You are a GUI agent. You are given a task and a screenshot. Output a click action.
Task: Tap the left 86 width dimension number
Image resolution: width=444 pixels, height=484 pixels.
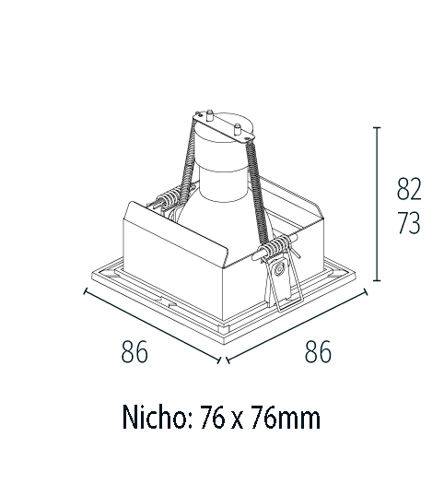coord(134,352)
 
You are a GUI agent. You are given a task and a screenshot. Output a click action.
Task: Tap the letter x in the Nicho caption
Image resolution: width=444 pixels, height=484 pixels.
coord(238,420)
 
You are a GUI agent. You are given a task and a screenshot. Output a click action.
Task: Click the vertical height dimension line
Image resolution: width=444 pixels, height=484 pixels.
coord(378,203)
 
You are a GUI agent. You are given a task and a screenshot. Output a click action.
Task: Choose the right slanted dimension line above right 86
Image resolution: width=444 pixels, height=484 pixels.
coord(295,325)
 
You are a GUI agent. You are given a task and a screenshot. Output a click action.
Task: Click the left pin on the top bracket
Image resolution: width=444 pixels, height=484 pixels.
coord(207,117)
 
